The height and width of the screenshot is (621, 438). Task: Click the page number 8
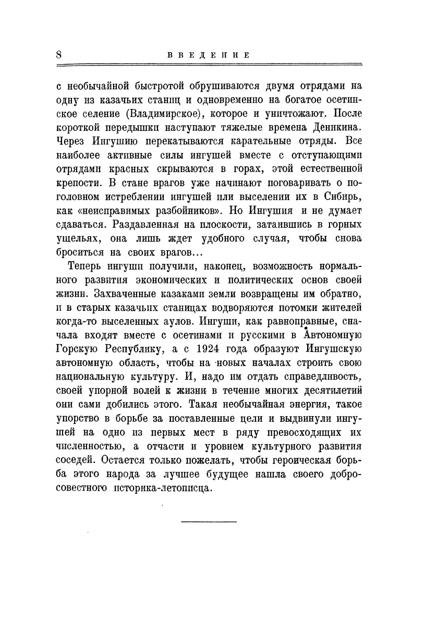pos(59,55)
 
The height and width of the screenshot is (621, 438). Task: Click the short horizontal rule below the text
pos(209,522)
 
